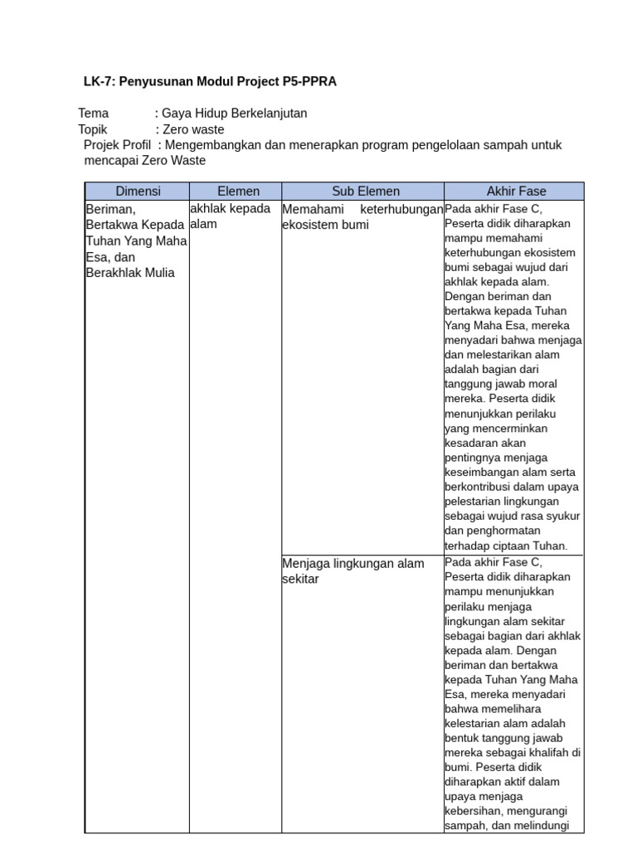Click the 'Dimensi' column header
click(x=138, y=192)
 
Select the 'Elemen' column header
click(x=238, y=192)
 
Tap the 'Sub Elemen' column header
click(x=366, y=192)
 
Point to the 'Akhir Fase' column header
click(x=516, y=192)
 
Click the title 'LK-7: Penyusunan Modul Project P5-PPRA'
click(x=210, y=81)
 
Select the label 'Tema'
click(x=94, y=113)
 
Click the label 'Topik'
click(x=94, y=129)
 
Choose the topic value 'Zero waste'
click(x=193, y=129)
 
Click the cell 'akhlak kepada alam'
click(x=231, y=216)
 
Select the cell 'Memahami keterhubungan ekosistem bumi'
click(x=362, y=216)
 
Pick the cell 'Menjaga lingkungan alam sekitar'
click(x=353, y=571)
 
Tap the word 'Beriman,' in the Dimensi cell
click(x=110, y=209)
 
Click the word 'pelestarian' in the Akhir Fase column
click(x=475, y=502)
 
